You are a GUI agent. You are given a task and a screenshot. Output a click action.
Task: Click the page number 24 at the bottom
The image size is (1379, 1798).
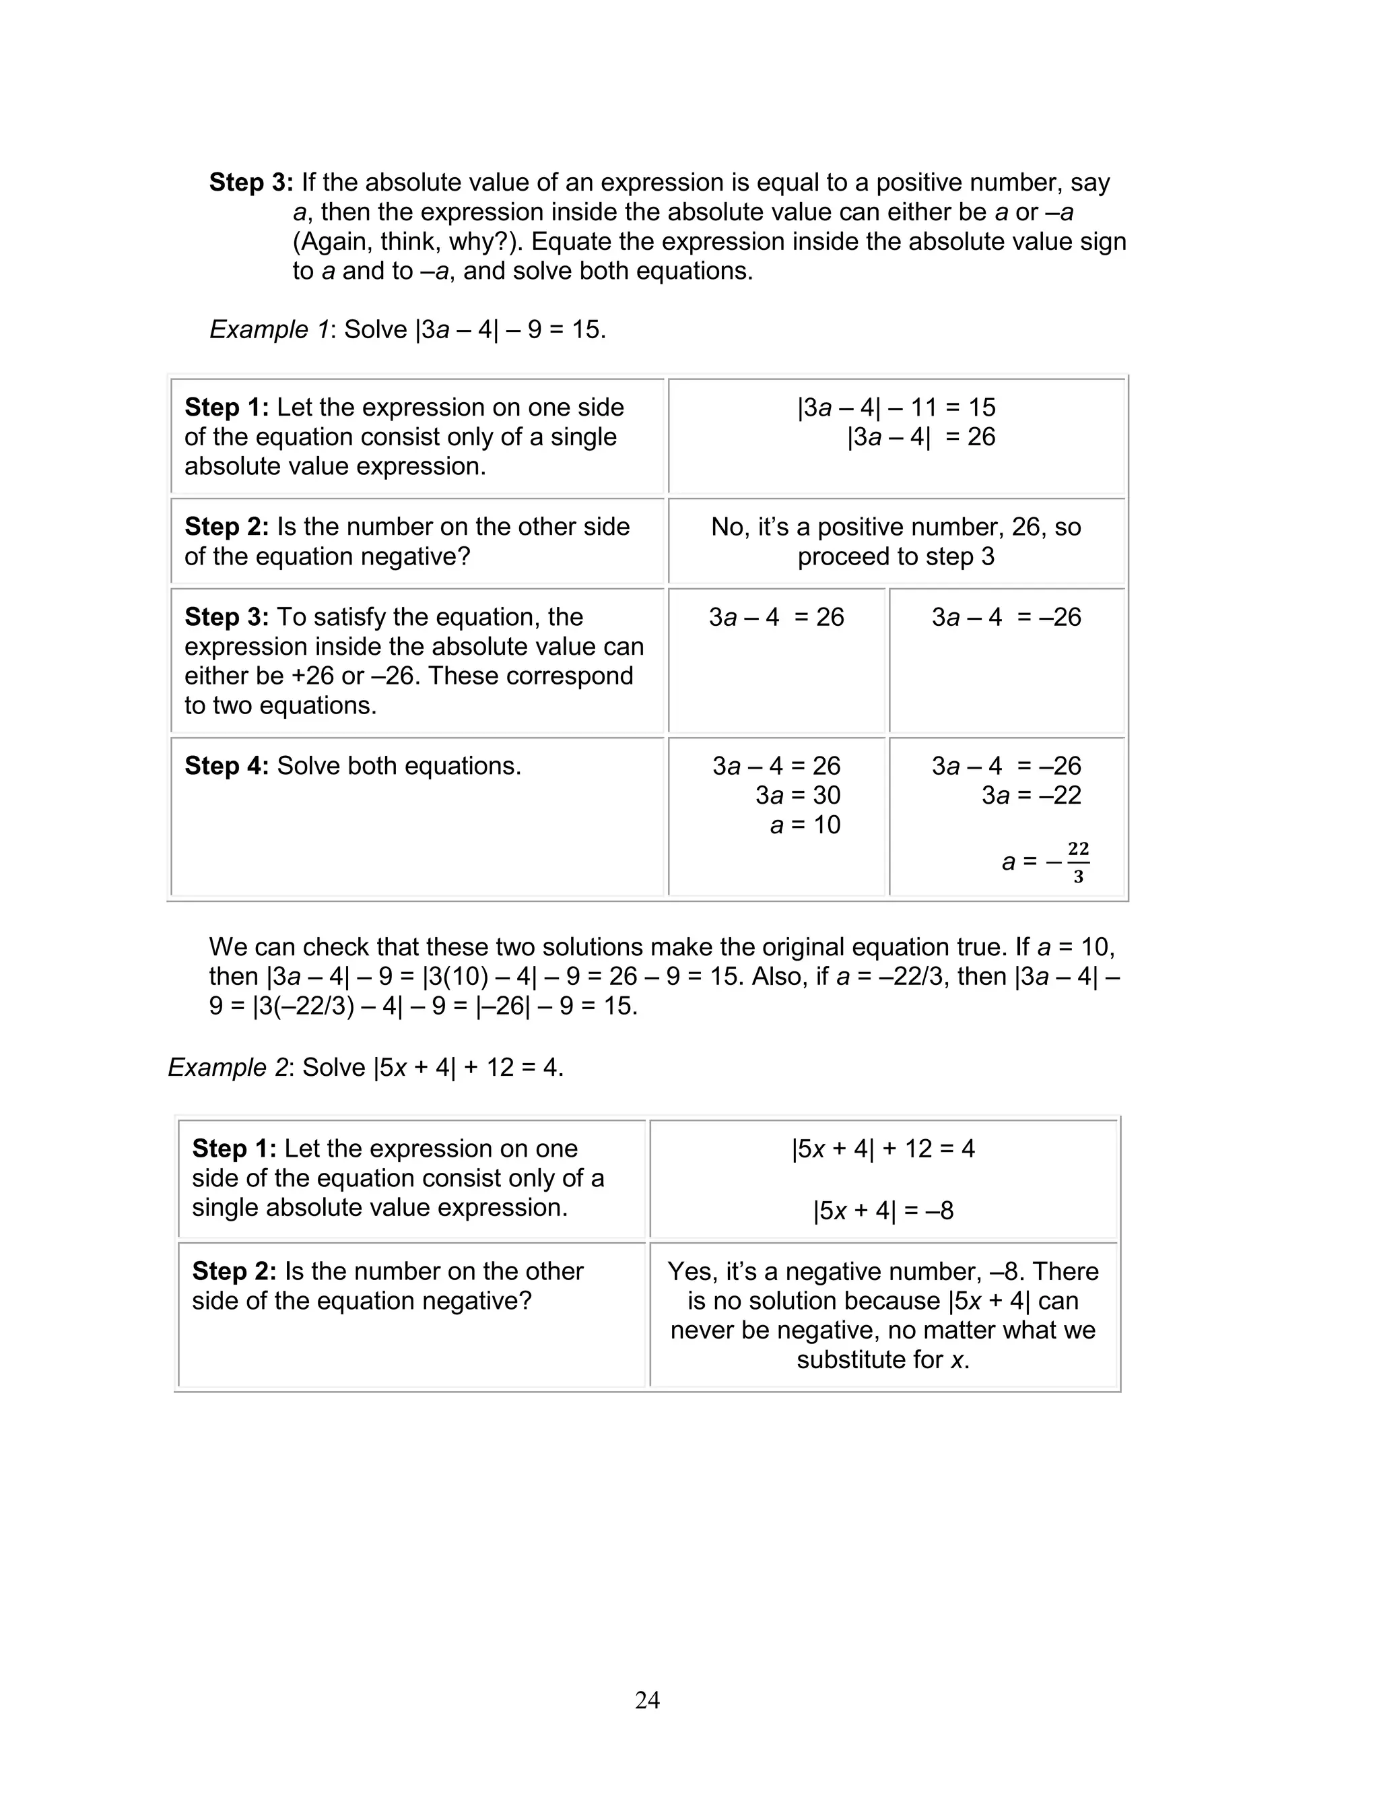point(647,1700)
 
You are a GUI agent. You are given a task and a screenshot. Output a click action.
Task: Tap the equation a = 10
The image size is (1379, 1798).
point(805,825)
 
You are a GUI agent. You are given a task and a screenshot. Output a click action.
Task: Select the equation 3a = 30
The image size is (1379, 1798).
point(797,795)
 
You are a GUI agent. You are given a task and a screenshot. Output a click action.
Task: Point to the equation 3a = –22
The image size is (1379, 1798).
point(1031,795)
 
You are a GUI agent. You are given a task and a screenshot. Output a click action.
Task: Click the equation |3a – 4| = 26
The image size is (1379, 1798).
point(920,437)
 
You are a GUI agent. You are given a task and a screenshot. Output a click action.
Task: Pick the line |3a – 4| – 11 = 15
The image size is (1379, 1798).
point(896,407)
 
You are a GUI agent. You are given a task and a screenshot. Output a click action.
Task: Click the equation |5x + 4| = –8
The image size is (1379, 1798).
point(883,1210)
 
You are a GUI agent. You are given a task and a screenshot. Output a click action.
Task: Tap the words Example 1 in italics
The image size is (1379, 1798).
point(269,329)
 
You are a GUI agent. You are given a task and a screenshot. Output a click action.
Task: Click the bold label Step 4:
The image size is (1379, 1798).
point(226,766)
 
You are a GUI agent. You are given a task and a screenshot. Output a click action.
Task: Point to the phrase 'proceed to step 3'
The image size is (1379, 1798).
point(896,556)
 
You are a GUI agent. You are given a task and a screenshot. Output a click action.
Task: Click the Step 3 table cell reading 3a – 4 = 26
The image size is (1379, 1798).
point(776,617)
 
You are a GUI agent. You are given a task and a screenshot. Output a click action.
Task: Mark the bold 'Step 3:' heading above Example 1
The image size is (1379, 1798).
point(250,183)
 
